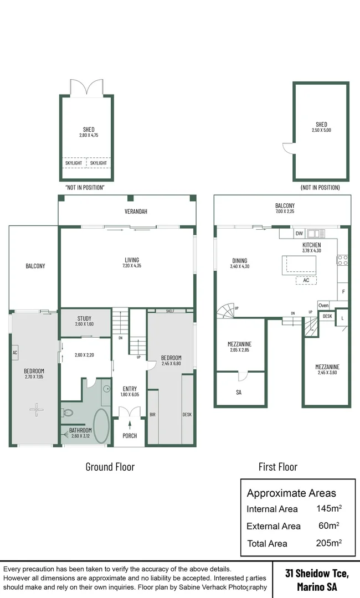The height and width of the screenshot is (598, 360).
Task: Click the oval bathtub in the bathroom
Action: (101, 425)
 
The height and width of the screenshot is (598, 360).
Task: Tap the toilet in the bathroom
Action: (68, 413)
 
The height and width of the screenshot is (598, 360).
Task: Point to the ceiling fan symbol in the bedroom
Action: (37, 410)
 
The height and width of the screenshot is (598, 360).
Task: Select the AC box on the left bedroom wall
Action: (15, 352)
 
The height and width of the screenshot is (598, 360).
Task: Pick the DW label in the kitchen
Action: (299, 234)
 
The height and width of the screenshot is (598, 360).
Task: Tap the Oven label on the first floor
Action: (323, 306)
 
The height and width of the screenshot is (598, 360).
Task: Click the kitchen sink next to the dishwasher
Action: (316, 234)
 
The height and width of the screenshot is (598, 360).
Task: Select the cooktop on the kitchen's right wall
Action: (343, 259)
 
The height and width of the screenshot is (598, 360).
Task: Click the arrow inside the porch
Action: (130, 425)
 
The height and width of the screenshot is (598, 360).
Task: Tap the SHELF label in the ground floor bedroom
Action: (169, 311)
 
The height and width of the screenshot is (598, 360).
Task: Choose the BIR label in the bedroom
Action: (152, 414)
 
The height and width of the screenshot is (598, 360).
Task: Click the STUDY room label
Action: (84, 318)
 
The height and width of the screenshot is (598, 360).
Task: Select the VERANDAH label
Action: (127, 212)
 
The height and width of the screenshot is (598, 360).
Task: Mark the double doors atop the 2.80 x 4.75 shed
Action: (86, 88)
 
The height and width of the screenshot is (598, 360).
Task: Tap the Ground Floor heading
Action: (110, 467)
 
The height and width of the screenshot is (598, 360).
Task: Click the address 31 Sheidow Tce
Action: (317, 574)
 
